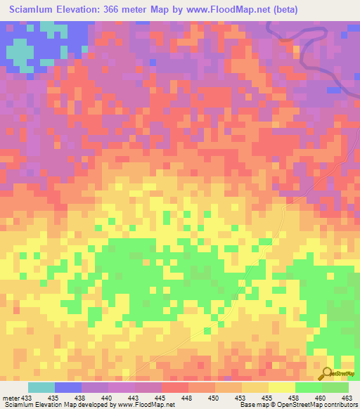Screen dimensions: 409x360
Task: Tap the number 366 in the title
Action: [x=127, y=10]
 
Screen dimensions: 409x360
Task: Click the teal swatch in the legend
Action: [x=41, y=387]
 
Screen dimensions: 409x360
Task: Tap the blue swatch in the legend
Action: [x=67, y=387]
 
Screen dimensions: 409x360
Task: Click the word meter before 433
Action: [x=11, y=397]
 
